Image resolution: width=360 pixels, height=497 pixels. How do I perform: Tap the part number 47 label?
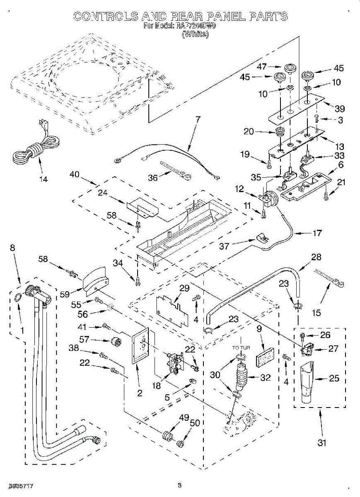262,66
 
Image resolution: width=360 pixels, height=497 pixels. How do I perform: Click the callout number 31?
322,443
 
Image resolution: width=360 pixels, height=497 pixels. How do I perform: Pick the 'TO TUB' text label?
242,347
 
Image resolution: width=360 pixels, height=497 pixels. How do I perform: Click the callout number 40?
75,175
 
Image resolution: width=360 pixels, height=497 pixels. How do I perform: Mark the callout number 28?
316,257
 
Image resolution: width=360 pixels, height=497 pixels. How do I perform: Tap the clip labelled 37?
261,238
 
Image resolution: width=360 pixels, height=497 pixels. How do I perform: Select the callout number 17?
317,233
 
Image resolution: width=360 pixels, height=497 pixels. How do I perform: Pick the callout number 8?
13,248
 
